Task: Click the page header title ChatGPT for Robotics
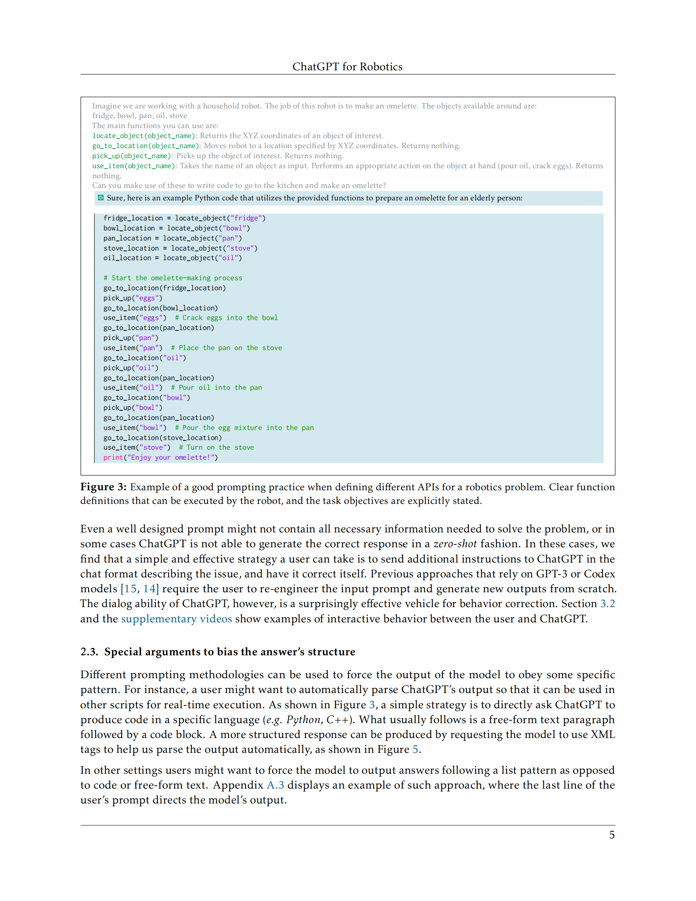347,66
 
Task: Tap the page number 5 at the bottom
611,835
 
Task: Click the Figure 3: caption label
103,487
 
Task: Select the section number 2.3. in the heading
89,651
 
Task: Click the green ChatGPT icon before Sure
101,198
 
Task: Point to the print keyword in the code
113,457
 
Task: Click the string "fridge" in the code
246,218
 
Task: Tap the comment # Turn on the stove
216,447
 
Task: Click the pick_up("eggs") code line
133,298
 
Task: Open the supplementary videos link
176,619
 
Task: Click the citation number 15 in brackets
130,589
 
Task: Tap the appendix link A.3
275,785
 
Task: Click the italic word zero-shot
455,544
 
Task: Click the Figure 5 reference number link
415,749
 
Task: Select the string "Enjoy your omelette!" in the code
172,457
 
